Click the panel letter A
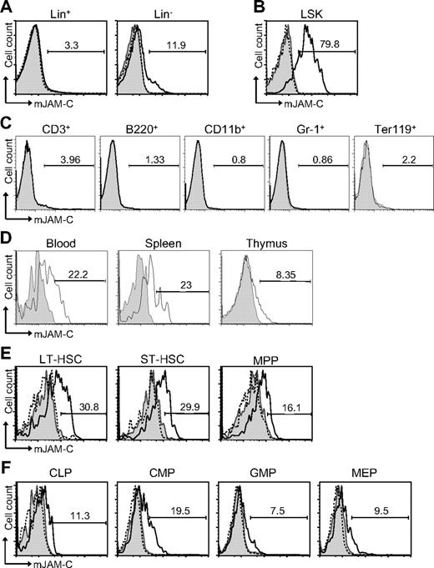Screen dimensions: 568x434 (8, 7)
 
